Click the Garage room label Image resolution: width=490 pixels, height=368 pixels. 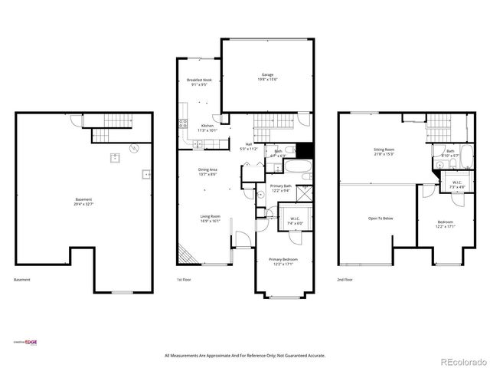266,75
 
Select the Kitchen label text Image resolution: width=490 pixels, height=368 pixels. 208,126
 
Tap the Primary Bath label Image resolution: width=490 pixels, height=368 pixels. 280,186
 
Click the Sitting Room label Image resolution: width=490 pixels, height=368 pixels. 384,149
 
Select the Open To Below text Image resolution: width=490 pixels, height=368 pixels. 381,219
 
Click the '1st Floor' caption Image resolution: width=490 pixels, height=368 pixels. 184,280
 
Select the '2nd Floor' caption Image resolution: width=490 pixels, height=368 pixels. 345,280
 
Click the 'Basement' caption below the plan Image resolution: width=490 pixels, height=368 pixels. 22,280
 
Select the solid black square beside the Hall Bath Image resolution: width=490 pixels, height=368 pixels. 305,150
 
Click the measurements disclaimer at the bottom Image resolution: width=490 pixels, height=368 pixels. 245,356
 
